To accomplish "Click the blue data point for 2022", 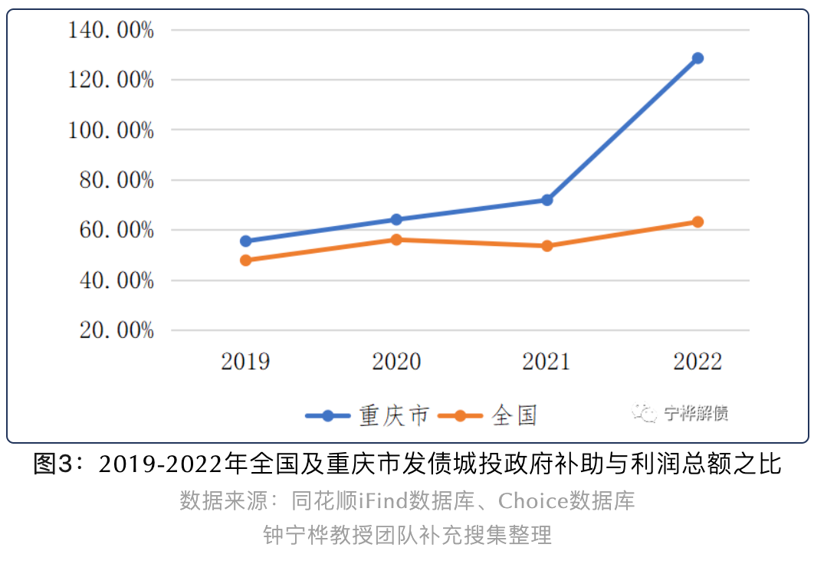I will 697,58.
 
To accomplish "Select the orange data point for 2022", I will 697,221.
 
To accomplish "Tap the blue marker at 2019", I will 246,241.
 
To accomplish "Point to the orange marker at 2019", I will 246,260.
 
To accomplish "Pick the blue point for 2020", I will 396,219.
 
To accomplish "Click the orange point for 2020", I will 396,239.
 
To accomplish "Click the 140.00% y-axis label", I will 111,31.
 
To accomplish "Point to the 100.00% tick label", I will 111,130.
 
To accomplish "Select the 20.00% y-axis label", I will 116,330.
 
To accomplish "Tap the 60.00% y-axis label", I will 116,230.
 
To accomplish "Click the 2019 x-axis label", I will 246,361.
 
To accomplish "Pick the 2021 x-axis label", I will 547,361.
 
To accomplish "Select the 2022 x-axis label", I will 697,361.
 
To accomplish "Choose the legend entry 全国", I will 514,415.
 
